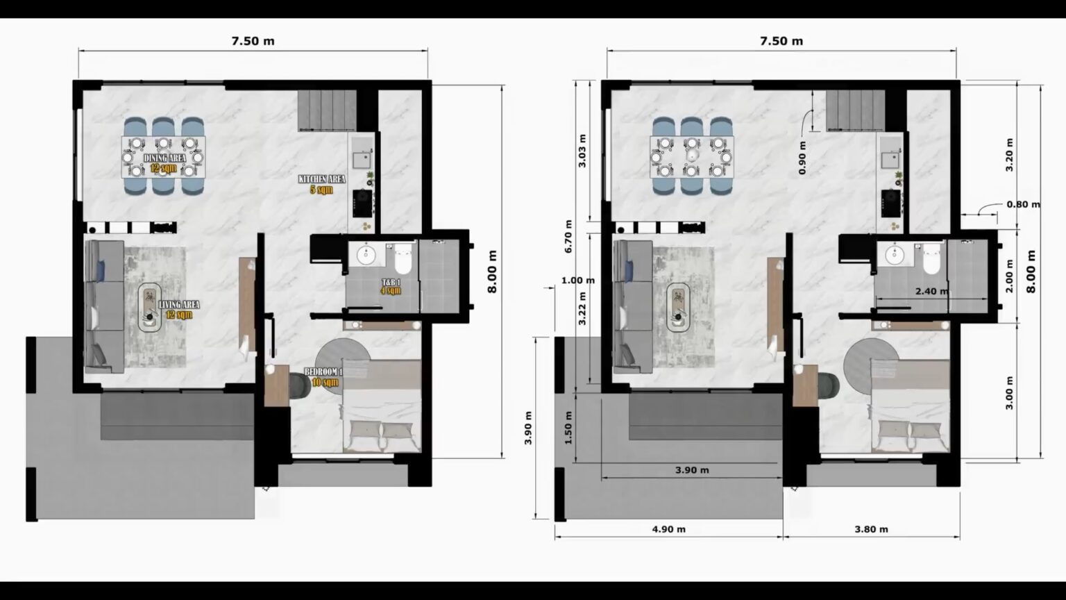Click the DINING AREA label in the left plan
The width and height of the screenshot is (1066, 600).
pos(164,158)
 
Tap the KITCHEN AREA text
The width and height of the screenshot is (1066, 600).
pos(321,179)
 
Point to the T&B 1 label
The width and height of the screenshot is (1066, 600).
pos(391,283)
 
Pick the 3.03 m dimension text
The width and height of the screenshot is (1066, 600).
pos(582,151)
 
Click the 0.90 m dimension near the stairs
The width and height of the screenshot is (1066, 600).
pos(802,158)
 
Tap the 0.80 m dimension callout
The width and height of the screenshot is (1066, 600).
pos(1023,204)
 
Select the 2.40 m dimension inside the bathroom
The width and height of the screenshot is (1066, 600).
pos(931,291)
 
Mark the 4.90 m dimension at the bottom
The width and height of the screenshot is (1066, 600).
pos(668,529)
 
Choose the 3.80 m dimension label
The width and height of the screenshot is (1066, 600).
pos(871,529)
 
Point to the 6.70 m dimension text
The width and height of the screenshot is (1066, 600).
pos(568,236)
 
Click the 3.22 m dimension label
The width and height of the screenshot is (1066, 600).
pos(582,308)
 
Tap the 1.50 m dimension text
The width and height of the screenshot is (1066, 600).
pos(568,433)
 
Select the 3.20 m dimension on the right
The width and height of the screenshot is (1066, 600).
pos(1009,156)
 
